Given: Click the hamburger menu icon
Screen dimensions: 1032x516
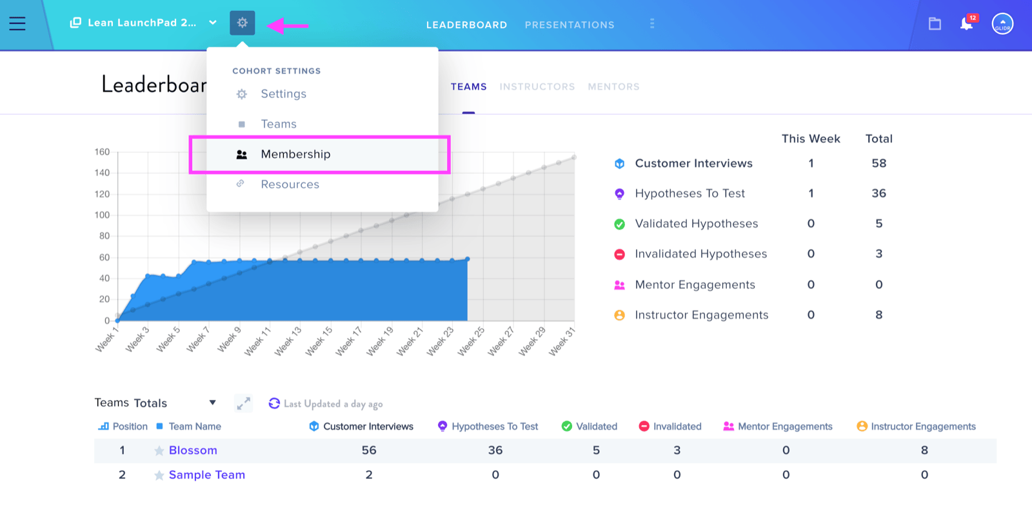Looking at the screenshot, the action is [x=17, y=23].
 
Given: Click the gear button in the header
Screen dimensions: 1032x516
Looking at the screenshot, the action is [x=243, y=23].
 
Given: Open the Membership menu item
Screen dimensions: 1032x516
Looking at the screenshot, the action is [x=295, y=154].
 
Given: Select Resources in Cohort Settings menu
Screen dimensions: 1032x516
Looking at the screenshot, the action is [x=290, y=184].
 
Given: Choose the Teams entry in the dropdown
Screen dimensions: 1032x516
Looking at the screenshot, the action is [x=278, y=124].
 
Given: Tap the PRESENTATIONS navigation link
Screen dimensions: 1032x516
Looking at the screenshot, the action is [x=570, y=25].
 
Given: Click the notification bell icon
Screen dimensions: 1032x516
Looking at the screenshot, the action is [x=967, y=23].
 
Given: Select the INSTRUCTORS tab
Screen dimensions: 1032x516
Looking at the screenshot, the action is [x=537, y=86].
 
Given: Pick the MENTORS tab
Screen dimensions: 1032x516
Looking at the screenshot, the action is [x=613, y=86].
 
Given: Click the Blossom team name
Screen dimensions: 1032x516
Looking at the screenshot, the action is [x=193, y=450].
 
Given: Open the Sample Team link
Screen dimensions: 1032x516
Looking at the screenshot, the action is [x=207, y=475].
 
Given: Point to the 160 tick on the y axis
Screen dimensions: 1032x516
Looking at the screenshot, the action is [x=102, y=152].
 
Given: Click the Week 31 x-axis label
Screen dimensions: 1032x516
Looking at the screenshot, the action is [x=562, y=341].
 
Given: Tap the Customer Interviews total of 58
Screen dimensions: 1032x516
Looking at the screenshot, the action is [x=878, y=163].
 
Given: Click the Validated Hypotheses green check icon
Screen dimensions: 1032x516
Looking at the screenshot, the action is [x=620, y=224].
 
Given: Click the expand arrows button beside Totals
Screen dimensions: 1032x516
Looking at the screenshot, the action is [x=243, y=404].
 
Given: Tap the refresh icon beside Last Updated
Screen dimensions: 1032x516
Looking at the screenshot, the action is [x=274, y=404].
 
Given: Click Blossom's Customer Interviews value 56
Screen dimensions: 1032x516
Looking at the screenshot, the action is [x=369, y=450].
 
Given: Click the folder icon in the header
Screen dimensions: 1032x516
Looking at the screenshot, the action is [x=935, y=23].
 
